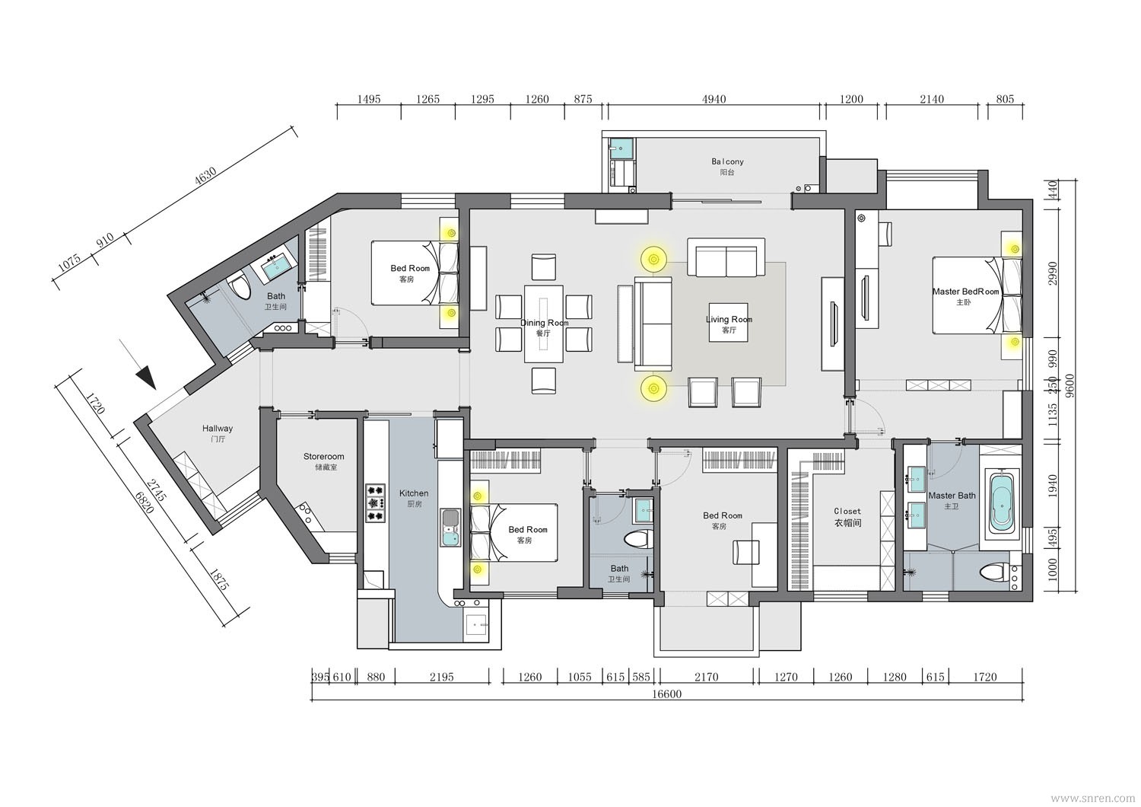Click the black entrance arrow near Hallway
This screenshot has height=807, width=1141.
[146, 378]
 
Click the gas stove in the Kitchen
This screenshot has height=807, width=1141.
[376, 502]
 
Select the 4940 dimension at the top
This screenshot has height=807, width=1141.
[714, 99]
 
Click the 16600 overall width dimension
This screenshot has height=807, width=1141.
[667, 694]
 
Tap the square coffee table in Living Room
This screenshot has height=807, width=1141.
[729, 322]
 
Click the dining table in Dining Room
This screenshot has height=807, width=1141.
[544, 324]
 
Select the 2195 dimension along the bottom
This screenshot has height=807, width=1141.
[442, 677]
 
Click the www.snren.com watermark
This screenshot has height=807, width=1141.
[1095, 797]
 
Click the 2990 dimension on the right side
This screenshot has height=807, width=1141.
[1052, 273]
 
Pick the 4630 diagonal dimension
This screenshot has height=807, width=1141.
[205, 176]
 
